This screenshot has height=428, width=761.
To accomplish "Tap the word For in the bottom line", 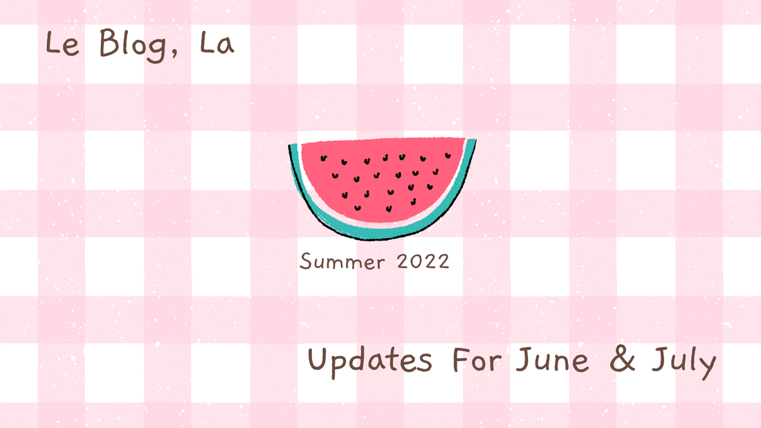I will click(478, 361).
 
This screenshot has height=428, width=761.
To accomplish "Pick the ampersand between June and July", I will click(625, 362).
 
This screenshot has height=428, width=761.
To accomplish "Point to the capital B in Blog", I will click(108, 45).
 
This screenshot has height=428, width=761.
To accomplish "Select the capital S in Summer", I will click(305, 261).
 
